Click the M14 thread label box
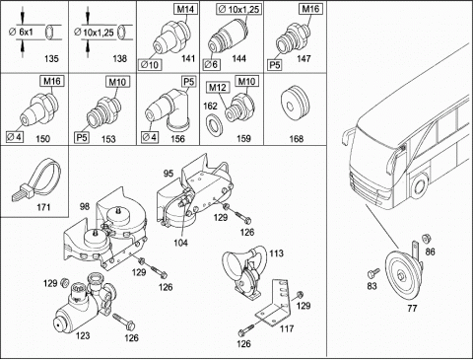click(x=185, y=9)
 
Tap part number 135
click(x=51, y=59)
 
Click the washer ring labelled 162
click(x=214, y=125)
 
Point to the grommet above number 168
click(x=296, y=105)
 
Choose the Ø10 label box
click(x=150, y=65)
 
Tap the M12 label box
click(x=218, y=88)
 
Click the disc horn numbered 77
click(x=404, y=273)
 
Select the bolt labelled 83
click(x=373, y=272)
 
